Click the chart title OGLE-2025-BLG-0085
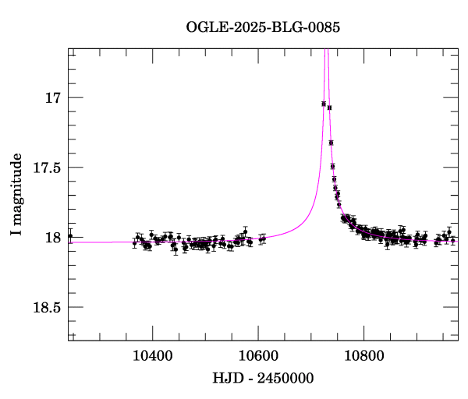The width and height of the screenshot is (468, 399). (263, 26)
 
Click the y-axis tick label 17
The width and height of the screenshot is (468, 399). (53, 98)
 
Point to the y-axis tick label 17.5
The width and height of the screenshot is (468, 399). (47, 168)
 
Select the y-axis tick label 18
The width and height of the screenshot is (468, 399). (53, 238)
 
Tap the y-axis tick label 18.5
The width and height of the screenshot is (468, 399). (47, 307)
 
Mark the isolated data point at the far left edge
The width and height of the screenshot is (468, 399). (70, 235)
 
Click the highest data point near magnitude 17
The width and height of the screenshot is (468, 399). (324, 103)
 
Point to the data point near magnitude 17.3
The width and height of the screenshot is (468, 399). (331, 143)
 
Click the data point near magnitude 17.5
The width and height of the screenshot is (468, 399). (333, 166)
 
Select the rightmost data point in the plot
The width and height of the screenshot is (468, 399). (453, 241)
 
